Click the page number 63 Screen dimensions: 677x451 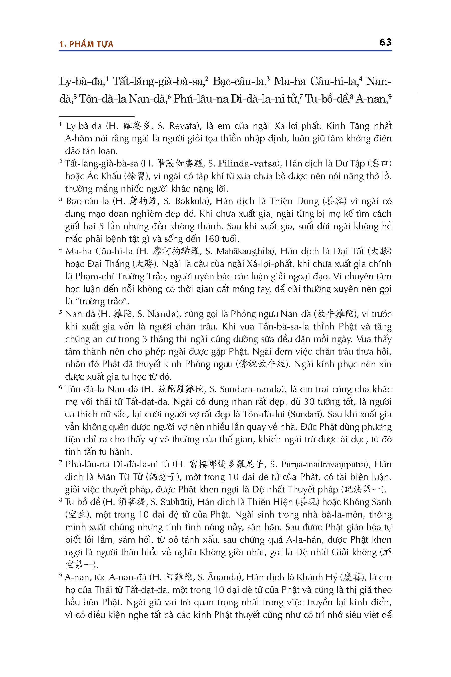point(385,42)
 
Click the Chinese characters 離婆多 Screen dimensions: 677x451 point(137,126)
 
